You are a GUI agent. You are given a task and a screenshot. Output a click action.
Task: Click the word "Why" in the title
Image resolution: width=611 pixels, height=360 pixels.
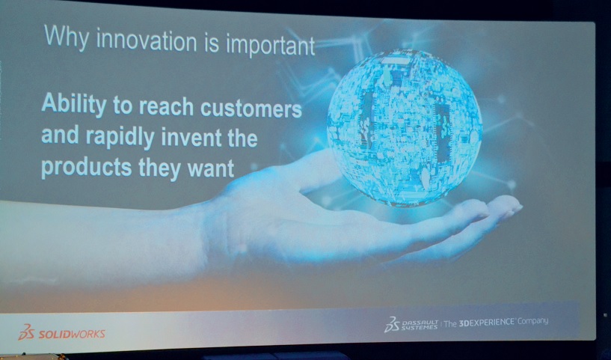pos(67,37)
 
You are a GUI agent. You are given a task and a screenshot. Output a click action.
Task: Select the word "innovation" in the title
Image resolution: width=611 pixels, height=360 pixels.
pos(147,40)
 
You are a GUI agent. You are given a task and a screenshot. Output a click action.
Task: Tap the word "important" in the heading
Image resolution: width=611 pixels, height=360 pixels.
pos(271,44)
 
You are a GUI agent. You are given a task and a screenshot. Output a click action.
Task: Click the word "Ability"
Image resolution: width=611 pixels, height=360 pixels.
pos(73,104)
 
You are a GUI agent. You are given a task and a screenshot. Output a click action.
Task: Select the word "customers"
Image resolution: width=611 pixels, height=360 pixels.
pos(251,109)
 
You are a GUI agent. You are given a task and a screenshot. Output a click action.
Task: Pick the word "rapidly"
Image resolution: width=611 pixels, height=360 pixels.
pos(120,138)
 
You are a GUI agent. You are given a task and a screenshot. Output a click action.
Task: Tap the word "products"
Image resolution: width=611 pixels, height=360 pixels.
pos(87,168)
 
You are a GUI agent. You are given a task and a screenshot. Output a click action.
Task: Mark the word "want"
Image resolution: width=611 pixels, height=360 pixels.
pos(211,168)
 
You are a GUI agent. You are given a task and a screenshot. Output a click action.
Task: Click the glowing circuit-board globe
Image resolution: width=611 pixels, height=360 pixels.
pos(405,127)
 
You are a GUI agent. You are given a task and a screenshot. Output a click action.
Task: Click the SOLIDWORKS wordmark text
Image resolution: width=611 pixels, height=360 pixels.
pos(72,335)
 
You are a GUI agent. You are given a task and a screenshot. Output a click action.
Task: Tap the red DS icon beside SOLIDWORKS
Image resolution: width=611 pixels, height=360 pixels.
pos(26,332)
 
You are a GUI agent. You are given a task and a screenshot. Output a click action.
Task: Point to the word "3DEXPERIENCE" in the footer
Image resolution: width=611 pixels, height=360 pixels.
pos(487,323)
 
